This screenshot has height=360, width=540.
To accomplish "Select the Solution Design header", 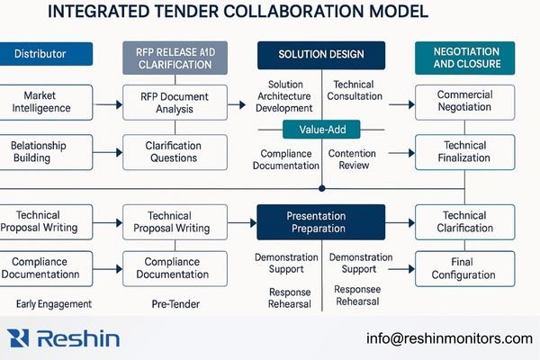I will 322,54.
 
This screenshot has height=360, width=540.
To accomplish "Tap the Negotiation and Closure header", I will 464,58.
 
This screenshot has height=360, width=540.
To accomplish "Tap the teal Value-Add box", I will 321,130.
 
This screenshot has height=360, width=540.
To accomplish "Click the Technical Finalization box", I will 464,152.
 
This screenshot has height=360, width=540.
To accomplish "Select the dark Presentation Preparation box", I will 321,221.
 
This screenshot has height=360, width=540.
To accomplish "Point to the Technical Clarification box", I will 464,221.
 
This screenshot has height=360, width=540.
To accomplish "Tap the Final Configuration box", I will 464,268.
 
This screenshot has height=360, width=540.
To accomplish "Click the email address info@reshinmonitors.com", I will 449,338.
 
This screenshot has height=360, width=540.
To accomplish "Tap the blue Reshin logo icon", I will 19,338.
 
